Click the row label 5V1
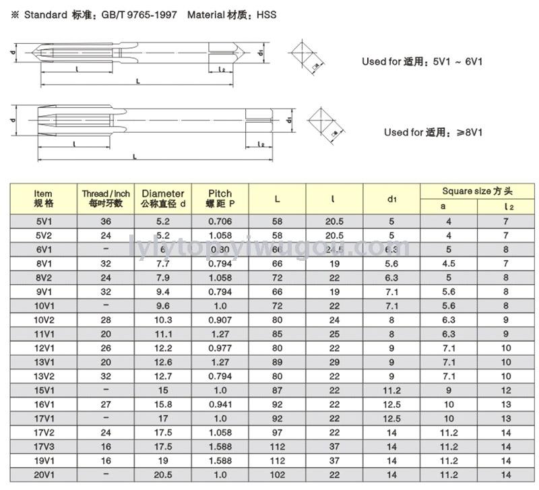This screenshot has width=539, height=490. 43,221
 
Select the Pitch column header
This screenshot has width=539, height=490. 220,198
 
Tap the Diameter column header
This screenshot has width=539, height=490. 162,198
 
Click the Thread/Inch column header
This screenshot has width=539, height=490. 106,198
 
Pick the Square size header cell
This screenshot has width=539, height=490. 478,191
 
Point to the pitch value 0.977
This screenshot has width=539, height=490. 220,347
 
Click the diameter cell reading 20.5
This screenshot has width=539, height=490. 162,475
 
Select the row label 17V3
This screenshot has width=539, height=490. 43,447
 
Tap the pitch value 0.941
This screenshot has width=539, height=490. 220,404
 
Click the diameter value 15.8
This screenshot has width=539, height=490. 162,404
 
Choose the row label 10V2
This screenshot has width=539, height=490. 43,319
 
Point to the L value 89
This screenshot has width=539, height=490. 277,362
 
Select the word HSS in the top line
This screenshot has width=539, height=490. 267,14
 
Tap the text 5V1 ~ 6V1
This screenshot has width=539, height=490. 458,61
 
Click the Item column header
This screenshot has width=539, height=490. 43,198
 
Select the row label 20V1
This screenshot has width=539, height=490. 43,475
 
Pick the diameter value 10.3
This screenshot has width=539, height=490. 162,319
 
